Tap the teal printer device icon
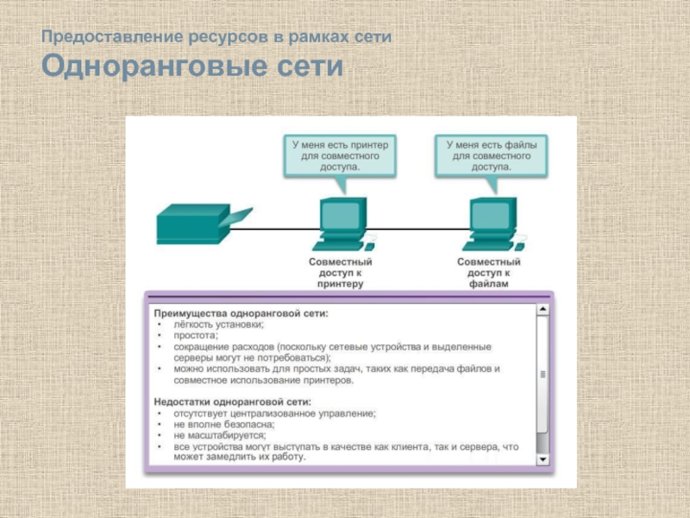(x=199, y=224)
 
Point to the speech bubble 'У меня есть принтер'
(x=340, y=156)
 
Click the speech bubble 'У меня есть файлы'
(x=491, y=156)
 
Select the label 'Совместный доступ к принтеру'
(x=341, y=271)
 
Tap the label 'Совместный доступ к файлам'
(x=489, y=271)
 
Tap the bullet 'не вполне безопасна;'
(x=223, y=424)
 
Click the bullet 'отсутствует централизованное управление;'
(x=274, y=413)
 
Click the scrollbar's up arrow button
(x=543, y=308)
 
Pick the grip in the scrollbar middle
(x=543, y=375)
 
